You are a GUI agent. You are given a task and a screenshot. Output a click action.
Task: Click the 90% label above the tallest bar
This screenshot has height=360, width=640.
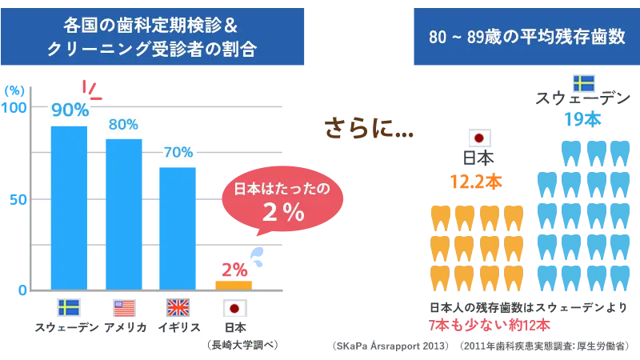70,110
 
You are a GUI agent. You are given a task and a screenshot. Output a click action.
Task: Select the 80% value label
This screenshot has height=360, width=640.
123,124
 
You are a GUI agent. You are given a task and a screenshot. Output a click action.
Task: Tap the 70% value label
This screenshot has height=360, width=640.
178,151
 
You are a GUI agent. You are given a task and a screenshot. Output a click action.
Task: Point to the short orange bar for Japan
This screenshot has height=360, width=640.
234,284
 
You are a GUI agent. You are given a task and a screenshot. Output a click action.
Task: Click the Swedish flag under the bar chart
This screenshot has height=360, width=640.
70,307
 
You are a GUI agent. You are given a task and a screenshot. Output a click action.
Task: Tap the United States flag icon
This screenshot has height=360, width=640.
124,307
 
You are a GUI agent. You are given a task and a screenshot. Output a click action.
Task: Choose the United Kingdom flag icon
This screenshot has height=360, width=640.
178,307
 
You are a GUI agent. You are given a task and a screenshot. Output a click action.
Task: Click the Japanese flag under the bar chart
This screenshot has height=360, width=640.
234,307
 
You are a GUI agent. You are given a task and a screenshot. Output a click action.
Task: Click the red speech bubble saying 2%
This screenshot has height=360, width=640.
282,201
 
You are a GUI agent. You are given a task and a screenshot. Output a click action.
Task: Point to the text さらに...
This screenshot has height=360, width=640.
368,127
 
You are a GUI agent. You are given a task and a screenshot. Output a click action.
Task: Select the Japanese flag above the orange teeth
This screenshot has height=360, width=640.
479,137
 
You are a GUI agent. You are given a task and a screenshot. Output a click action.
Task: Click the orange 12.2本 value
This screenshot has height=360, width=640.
476,182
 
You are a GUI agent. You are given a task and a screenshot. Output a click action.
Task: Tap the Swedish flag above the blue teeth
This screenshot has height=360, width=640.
582,83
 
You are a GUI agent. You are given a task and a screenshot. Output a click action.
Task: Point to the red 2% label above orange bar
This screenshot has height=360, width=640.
234,270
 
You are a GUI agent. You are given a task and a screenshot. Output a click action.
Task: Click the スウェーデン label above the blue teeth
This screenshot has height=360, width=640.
582,100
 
